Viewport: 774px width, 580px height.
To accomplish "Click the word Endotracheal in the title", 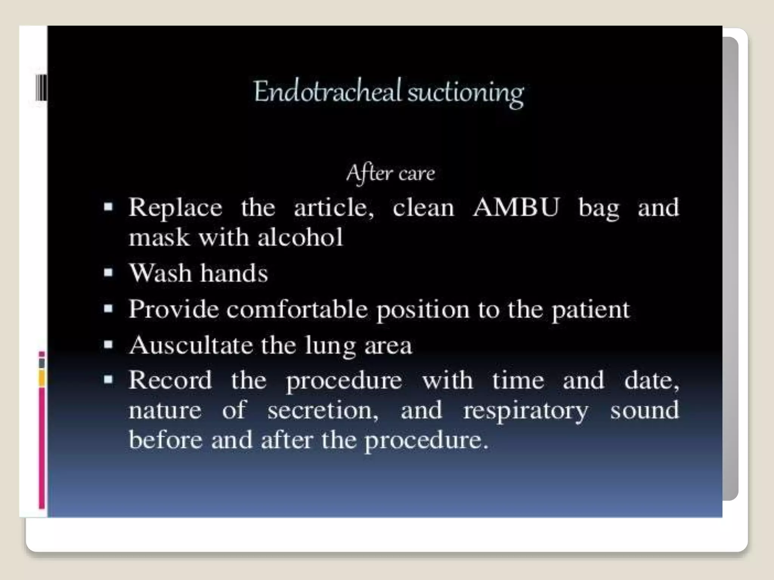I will (x=327, y=92).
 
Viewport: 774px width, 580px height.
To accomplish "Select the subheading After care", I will (x=391, y=174).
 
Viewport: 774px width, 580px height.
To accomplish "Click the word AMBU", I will (x=516, y=207).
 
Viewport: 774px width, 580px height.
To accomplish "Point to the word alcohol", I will (x=300, y=238).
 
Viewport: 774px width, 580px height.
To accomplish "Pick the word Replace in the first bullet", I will (x=175, y=207).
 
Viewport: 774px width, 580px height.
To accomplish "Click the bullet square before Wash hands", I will (x=108, y=273).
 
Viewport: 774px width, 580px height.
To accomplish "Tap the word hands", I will (x=234, y=273).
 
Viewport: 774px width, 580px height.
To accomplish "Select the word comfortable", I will (x=297, y=309).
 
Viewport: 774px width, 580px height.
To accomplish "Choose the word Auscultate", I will (x=191, y=345).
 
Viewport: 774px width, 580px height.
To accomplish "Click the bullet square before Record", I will (x=108, y=379).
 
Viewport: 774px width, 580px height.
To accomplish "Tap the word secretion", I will (x=323, y=410).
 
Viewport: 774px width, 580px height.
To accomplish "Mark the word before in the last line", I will (x=166, y=440).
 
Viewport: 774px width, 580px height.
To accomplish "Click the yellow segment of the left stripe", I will (x=42, y=378).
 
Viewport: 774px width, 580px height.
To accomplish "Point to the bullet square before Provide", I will (x=108, y=309).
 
